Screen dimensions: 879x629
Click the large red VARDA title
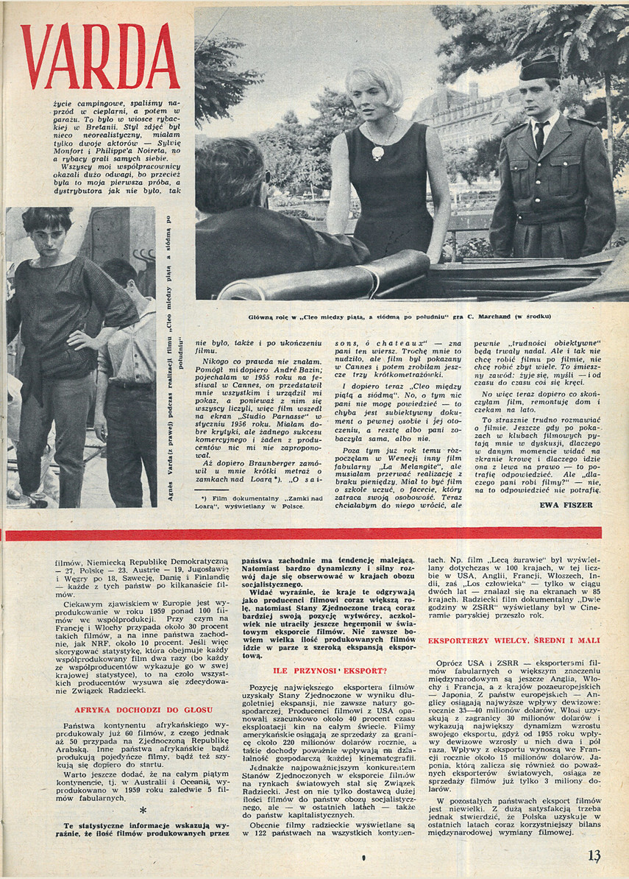tap(99, 56)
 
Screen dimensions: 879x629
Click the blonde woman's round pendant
tap(377, 152)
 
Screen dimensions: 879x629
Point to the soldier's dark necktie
tap(540, 136)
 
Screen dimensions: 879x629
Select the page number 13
tap(594, 855)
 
